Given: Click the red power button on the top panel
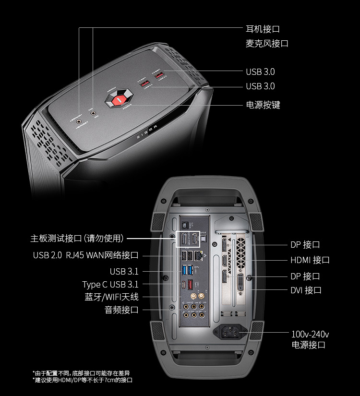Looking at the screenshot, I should (x=119, y=99).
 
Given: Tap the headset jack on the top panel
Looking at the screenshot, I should (x=79, y=122).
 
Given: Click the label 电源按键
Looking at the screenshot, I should (x=263, y=105).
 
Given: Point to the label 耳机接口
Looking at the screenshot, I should (x=263, y=29).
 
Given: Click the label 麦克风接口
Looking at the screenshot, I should (x=267, y=43).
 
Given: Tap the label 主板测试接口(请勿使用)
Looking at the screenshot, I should (x=77, y=238).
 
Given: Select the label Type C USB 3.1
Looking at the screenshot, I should (x=110, y=284).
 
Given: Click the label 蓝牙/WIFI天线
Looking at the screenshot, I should (x=111, y=297).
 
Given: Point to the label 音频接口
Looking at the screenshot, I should (x=121, y=310).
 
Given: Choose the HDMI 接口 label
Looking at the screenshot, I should (x=310, y=260).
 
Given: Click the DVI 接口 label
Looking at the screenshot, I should (x=306, y=290).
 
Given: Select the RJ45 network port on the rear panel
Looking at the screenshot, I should (x=201, y=256).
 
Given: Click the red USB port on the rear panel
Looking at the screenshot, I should (x=191, y=284).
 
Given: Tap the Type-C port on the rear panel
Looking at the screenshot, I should (x=183, y=285).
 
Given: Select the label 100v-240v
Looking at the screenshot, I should (x=310, y=334).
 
